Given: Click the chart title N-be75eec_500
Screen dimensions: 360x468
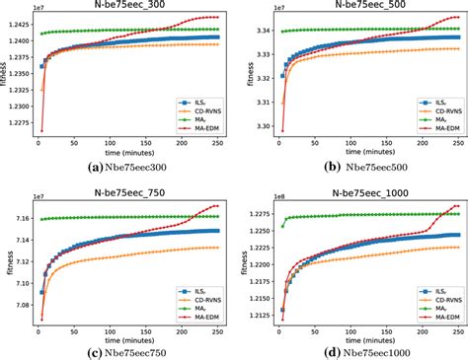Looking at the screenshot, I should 371,7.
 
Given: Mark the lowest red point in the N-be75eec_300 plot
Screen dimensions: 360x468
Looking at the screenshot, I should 41,131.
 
